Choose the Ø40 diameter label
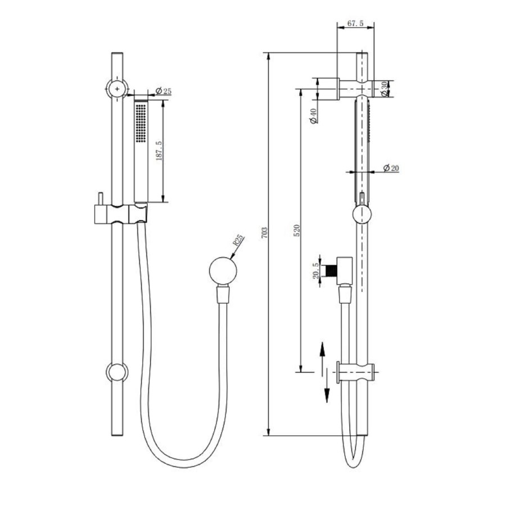314,115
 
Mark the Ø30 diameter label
384,88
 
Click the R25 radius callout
238,242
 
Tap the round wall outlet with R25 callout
223,271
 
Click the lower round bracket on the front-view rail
117,372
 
